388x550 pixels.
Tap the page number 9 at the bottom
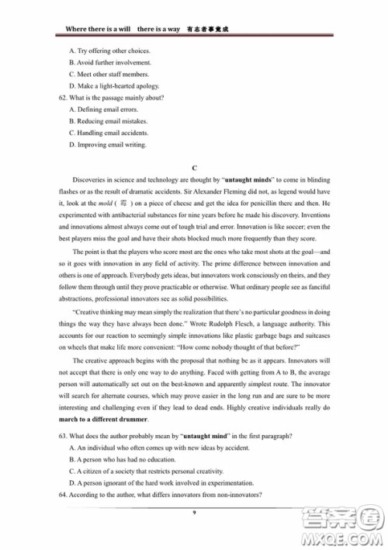[x=194, y=512]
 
